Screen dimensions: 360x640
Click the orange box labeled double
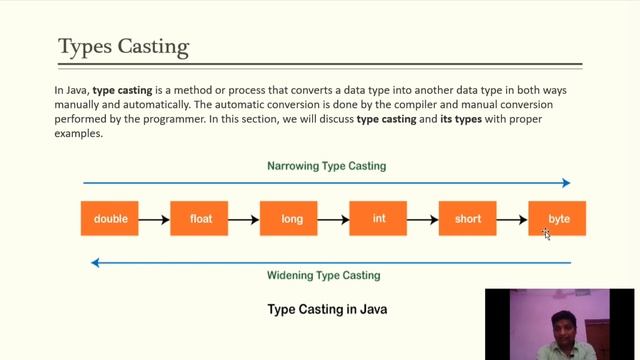110,219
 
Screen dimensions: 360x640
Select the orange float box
199,219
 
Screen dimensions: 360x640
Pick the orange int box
378,219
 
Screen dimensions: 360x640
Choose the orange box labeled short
467,219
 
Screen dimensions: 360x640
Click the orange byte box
557,219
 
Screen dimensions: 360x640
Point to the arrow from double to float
154,219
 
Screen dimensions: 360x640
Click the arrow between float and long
243,219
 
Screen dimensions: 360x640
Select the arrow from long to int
333,219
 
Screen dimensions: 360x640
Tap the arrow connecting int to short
422,219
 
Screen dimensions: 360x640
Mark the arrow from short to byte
512,219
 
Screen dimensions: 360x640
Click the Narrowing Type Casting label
326,165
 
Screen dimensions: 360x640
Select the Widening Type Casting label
323,275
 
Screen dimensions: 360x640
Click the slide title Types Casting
123,47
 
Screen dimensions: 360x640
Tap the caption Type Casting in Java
327,310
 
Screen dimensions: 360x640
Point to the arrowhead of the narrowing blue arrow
566,183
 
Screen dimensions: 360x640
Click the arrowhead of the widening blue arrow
95,263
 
